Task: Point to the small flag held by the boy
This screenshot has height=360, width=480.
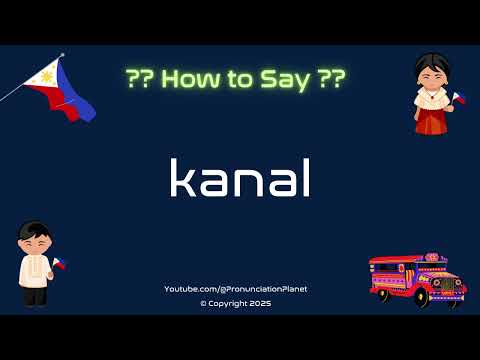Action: pos(59,264)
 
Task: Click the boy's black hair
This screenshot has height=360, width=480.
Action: pos(32,231)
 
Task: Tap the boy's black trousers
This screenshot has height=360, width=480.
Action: pos(34,296)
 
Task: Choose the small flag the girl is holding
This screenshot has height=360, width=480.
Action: pos(459,97)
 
